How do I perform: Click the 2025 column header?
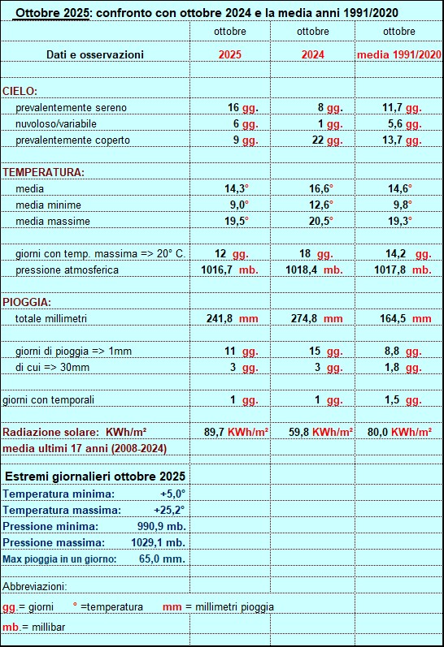click(x=230, y=54)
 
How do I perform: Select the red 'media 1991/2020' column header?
click(x=398, y=54)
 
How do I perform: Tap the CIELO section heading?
click(x=20, y=91)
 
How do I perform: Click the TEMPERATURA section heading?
click(x=44, y=172)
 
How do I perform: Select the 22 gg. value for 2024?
click(x=324, y=140)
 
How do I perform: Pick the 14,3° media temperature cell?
click(x=237, y=188)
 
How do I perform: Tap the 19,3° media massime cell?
click(x=399, y=221)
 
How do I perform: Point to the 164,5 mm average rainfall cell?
click(x=406, y=318)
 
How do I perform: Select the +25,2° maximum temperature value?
click(x=169, y=510)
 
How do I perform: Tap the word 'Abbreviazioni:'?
click(x=35, y=586)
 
